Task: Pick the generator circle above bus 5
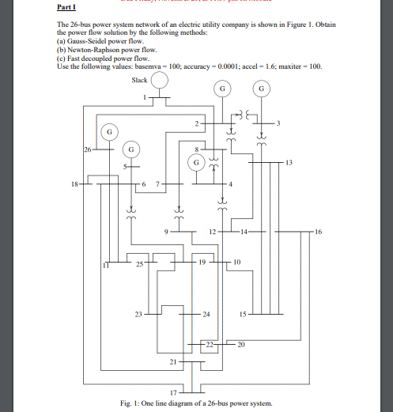pos(132,148)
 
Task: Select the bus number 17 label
pos(173,391)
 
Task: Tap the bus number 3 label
pos(278,125)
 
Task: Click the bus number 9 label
pos(167,232)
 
